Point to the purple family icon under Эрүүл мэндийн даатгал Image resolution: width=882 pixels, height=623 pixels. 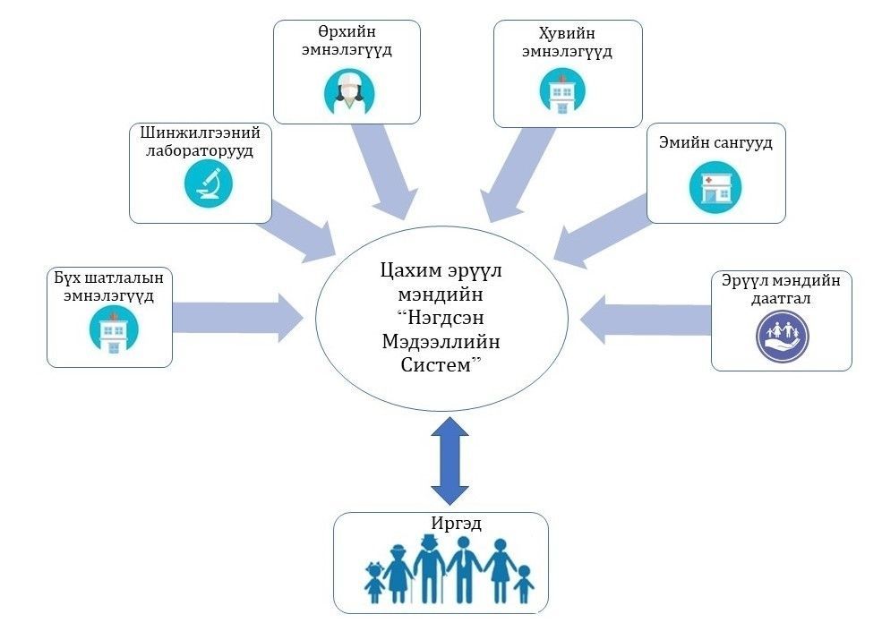pos(783,336)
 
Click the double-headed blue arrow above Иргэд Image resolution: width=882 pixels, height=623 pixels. pos(450,465)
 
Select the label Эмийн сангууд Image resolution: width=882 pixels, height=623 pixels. pos(716,143)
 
